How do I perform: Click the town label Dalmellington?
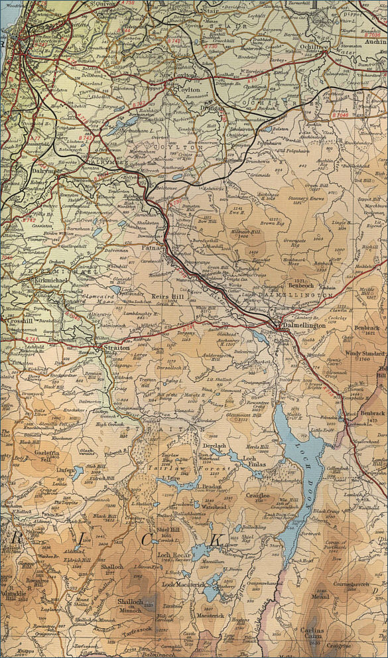coord(303,326)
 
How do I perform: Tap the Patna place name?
coord(152,247)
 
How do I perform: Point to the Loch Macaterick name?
coord(182,584)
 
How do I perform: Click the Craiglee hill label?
coord(257,495)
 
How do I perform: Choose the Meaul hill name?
coord(320,596)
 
